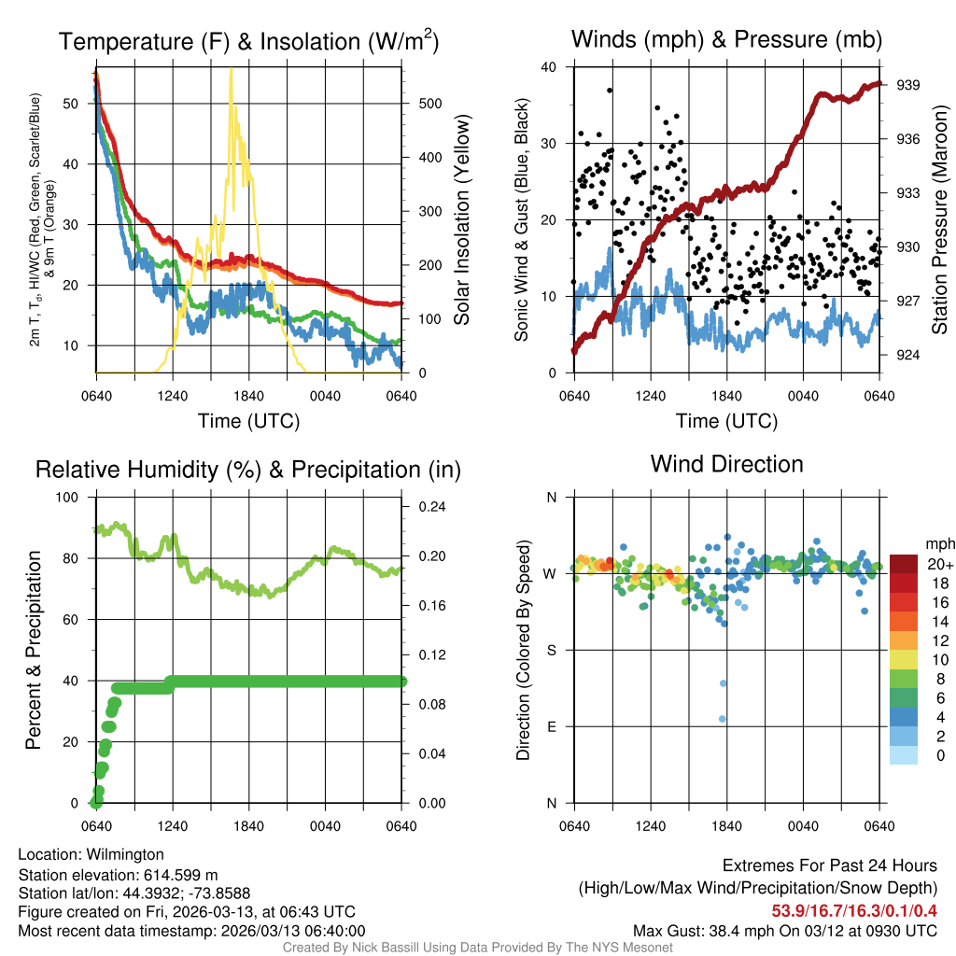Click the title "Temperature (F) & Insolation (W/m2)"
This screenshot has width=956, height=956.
click(x=248, y=41)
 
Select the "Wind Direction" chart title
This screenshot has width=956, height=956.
click(x=726, y=464)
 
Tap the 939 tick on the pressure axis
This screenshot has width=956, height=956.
click(x=908, y=85)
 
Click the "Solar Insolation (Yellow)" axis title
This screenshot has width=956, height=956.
click(x=461, y=220)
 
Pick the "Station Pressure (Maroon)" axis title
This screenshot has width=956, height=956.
click(x=939, y=220)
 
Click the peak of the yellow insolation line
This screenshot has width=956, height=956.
click(x=231, y=70)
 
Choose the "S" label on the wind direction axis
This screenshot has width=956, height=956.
click(x=551, y=650)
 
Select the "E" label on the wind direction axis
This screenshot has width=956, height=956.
click(x=551, y=726)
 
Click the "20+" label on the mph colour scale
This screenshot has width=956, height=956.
click(x=939, y=565)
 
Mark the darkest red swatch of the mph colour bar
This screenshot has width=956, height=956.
click(x=904, y=564)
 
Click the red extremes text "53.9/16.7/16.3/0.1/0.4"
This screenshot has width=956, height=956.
click(x=854, y=910)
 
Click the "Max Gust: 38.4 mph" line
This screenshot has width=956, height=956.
click(x=784, y=931)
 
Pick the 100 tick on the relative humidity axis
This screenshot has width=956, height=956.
click(x=69, y=498)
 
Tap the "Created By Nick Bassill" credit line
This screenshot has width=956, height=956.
click(x=477, y=948)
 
